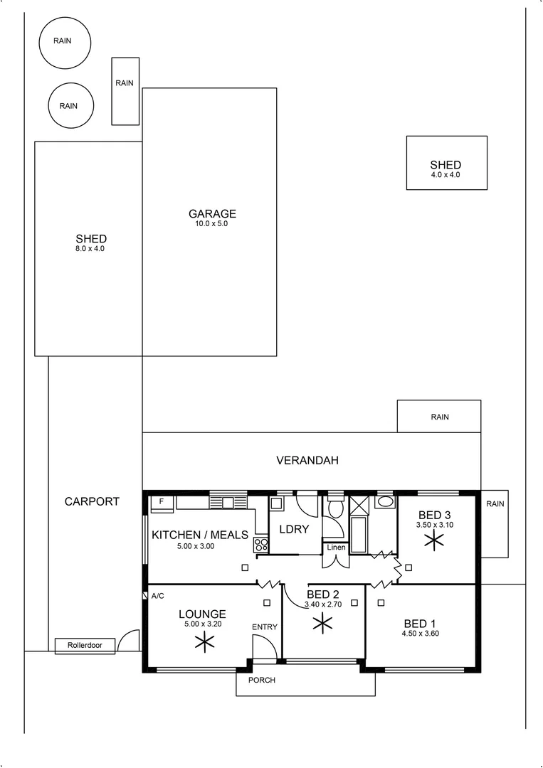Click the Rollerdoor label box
pos(85,646)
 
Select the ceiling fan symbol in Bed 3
pos(432,541)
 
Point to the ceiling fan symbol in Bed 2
pos(323,624)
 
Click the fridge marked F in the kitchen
pos(162,502)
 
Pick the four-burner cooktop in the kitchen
pos(260,545)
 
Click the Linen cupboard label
pos(336,547)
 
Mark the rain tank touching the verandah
pos(439,417)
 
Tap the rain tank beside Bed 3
pos(495,523)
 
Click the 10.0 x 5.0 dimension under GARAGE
pos(212,223)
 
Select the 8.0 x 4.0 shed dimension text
pos(91,249)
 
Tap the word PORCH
pos(261,680)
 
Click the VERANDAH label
pos(307,461)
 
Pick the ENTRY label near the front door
pos(264,626)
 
